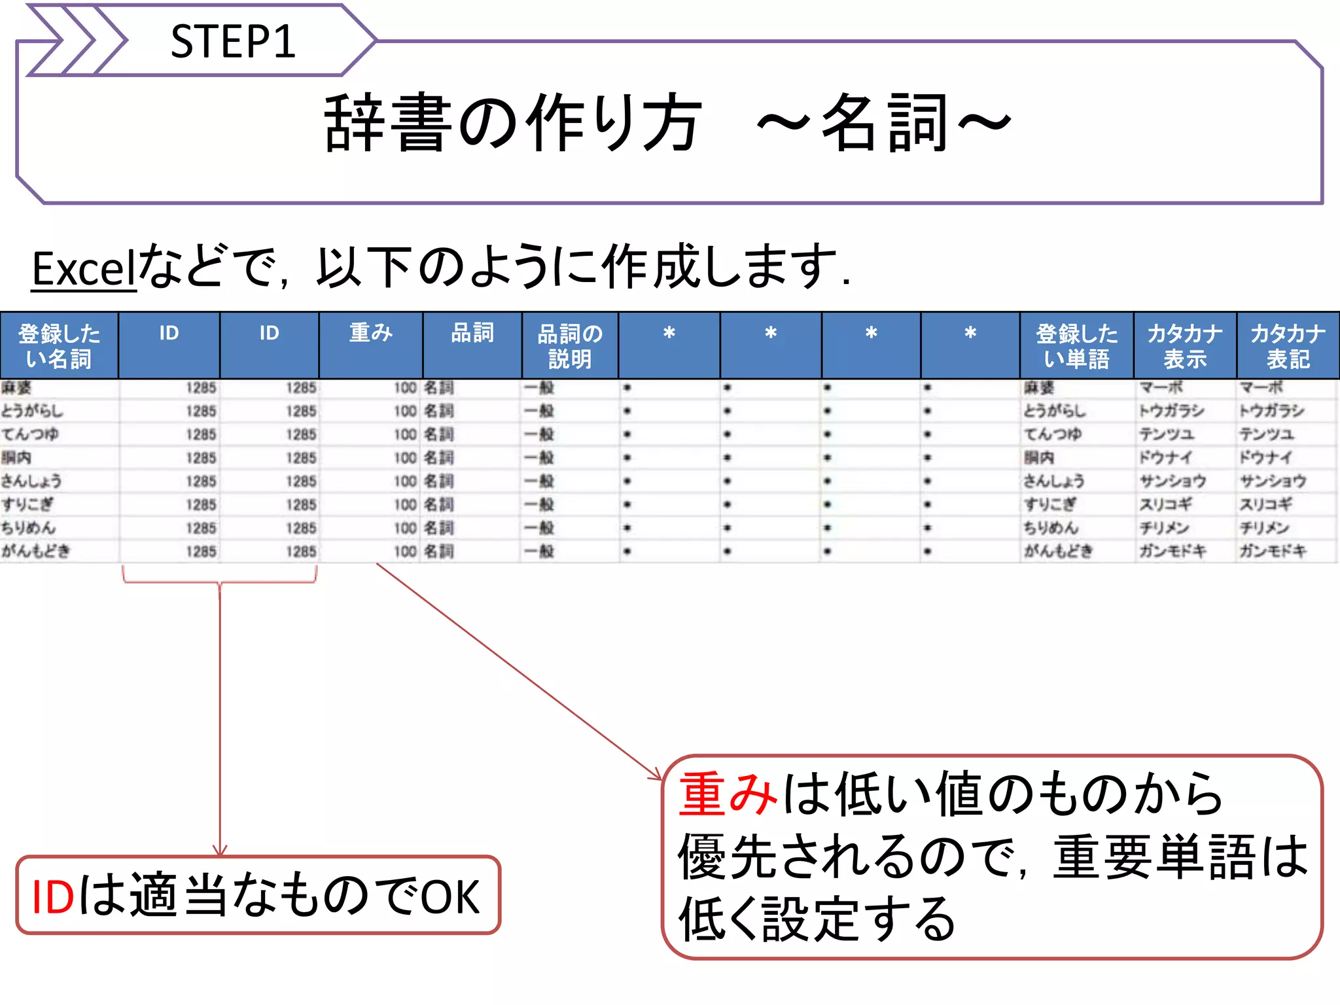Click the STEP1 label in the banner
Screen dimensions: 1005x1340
point(232,42)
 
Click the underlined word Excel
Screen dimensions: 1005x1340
point(83,268)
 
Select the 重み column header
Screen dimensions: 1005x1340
point(370,333)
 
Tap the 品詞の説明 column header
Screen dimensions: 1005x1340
point(569,345)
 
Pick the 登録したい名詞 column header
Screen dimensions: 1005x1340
point(59,345)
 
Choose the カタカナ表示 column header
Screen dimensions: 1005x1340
point(1184,345)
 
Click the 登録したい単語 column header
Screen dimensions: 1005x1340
point(1076,345)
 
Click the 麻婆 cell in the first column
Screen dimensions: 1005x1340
point(16,388)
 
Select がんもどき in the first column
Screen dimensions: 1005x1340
point(35,551)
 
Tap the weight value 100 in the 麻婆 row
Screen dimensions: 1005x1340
point(405,388)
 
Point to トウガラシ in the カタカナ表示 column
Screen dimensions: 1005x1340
point(1171,411)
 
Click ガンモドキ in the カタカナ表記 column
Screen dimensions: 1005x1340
point(1273,551)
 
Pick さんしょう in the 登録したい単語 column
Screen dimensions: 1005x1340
point(1053,481)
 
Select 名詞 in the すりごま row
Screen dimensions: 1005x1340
point(438,504)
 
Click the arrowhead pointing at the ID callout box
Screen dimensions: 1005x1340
point(220,851)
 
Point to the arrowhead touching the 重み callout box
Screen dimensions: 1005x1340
point(656,776)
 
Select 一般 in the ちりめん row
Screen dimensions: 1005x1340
point(539,528)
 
